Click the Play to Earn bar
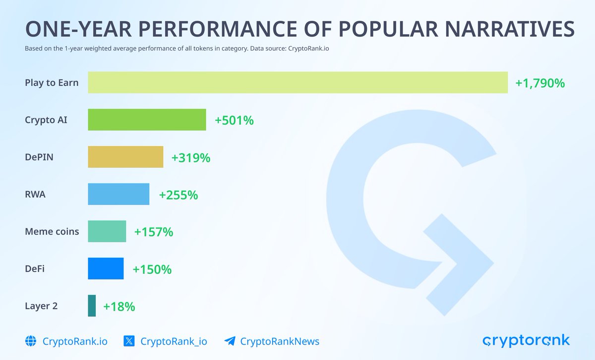pyautogui.click(x=297, y=82)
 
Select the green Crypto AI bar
pyautogui.click(x=147, y=120)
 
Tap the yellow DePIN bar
pyautogui.click(x=125, y=157)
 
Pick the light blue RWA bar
pyautogui.click(x=119, y=194)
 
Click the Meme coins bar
pyautogui.click(x=107, y=231)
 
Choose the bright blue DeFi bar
pyautogui.click(x=106, y=268)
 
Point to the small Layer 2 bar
pyautogui.click(x=92, y=305)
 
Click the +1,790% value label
pyautogui.click(x=540, y=83)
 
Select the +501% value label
pyautogui.click(x=234, y=120)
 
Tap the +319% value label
pyautogui.click(x=191, y=158)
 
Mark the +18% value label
pyautogui.click(x=119, y=306)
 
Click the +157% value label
pyautogui.click(x=154, y=232)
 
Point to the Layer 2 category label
pyautogui.click(x=41, y=306)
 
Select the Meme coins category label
pyautogui.click(x=52, y=231)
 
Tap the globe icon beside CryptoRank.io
pyautogui.click(x=31, y=341)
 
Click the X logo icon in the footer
pyautogui.click(x=129, y=341)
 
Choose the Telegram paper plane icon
pyautogui.click(x=230, y=341)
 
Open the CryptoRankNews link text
pyautogui.click(x=280, y=341)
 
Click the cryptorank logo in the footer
pyautogui.click(x=526, y=341)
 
